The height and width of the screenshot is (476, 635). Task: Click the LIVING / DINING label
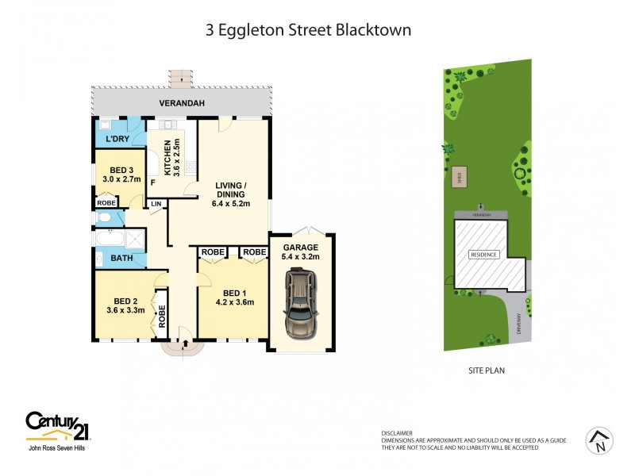(232, 190)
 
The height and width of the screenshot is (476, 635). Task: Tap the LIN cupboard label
(156, 204)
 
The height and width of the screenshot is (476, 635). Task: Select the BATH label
(121, 258)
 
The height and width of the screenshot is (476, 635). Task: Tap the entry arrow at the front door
(184, 344)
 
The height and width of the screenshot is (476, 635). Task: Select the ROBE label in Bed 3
(106, 203)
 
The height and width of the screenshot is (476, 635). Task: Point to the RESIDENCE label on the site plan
(483, 255)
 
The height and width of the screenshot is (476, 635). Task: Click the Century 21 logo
(57, 425)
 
